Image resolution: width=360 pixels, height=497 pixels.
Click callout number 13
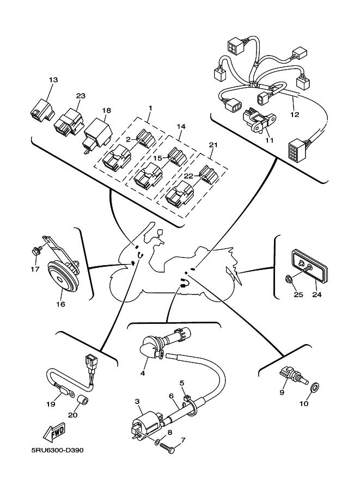tap(53, 80)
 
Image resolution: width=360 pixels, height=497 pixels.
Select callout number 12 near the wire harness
tap(295, 115)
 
